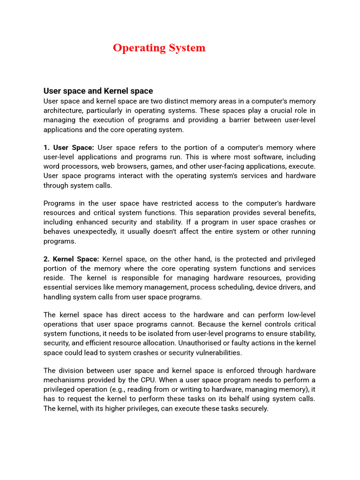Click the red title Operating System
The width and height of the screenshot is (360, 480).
(159, 48)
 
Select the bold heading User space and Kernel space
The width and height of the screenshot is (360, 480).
(98, 91)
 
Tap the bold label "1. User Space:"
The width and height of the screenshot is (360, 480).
(69, 148)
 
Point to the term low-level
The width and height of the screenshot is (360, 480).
(298, 315)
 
